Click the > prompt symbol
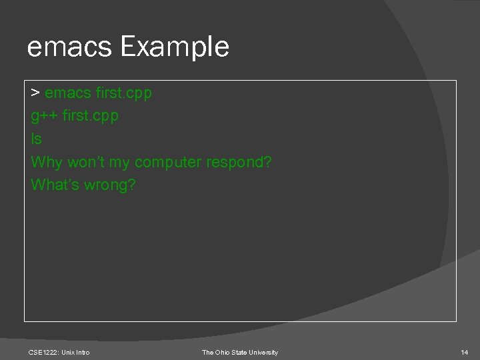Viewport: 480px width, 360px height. (x=35, y=93)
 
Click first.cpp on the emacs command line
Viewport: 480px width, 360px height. (x=124, y=93)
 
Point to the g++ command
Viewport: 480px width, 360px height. (x=43, y=116)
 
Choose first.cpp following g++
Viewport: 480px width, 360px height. (x=90, y=116)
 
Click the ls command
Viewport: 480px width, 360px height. (x=36, y=139)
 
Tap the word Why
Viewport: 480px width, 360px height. (x=46, y=162)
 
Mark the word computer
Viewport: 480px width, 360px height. (x=169, y=162)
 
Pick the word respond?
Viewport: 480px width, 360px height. (x=240, y=162)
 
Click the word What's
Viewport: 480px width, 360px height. (x=55, y=185)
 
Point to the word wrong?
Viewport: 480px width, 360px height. (x=110, y=185)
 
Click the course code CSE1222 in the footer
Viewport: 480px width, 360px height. (x=43, y=352)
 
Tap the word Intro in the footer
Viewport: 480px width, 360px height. (x=82, y=352)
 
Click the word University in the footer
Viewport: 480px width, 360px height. (x=263, y=352)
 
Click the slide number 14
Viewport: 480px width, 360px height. (x=465, y=352)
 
